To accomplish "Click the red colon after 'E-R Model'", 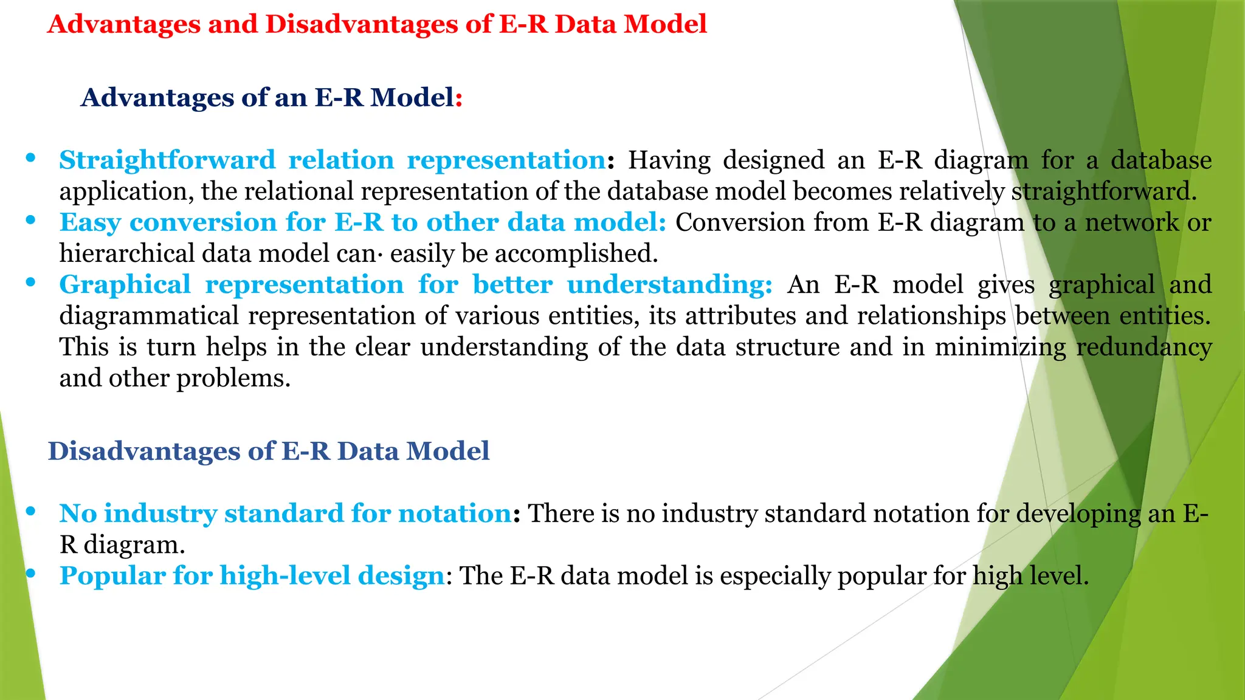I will point(459,98).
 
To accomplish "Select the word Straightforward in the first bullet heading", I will point(167,160).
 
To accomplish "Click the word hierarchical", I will point(126,253).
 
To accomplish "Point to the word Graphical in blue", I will point(125,285).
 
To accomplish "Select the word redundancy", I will point(1143,347).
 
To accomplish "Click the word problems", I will point(233,379).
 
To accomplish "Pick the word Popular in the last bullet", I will point(112,576).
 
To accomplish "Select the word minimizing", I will point(1000,347).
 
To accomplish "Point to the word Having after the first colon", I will point(669,160).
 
